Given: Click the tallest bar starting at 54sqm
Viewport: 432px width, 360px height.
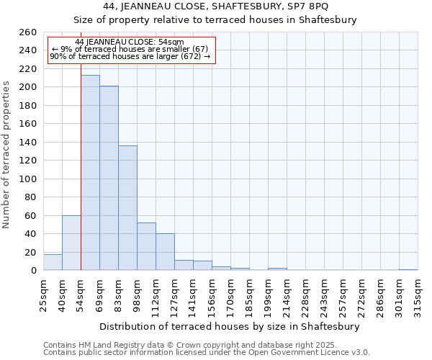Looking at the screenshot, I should coord(90,173).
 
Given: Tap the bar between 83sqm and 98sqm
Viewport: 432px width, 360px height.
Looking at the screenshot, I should coord(127,208).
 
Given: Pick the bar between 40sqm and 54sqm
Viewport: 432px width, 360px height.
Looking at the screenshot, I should coord(71,243).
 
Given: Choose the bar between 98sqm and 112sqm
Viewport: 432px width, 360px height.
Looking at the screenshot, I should coord(146,246).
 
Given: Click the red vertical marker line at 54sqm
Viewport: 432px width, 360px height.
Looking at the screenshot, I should coord(81,144).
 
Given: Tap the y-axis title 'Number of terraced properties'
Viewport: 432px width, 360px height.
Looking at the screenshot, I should coord(7,154).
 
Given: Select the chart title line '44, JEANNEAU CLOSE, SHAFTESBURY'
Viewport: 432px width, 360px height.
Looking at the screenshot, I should coord(215,6).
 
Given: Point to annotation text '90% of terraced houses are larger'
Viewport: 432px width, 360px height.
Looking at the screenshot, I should coord(130,56).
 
